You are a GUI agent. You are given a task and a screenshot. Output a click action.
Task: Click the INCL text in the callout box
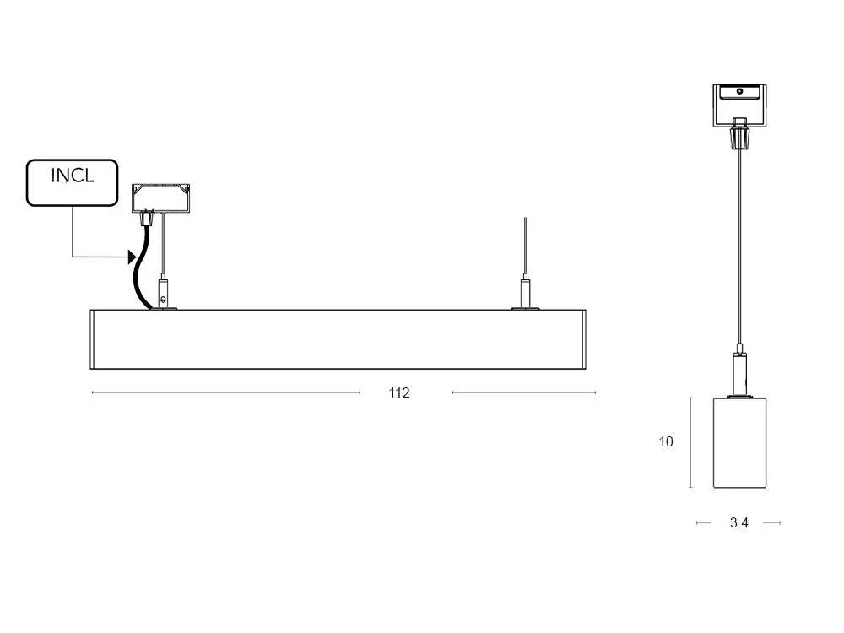coord(72,176)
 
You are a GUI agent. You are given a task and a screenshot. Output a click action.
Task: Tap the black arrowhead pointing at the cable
coord(132,257)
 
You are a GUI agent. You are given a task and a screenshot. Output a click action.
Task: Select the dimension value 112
coord(399,393)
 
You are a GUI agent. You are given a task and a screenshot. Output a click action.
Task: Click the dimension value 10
coord(666,442)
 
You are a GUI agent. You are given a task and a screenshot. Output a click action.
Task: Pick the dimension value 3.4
coord(739,522)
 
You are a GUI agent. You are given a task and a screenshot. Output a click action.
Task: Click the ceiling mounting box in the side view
coord(161,198)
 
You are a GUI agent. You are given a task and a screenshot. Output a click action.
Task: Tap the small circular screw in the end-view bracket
coord(739,91)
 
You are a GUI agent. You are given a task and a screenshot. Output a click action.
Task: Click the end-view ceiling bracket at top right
coord(739,105)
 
